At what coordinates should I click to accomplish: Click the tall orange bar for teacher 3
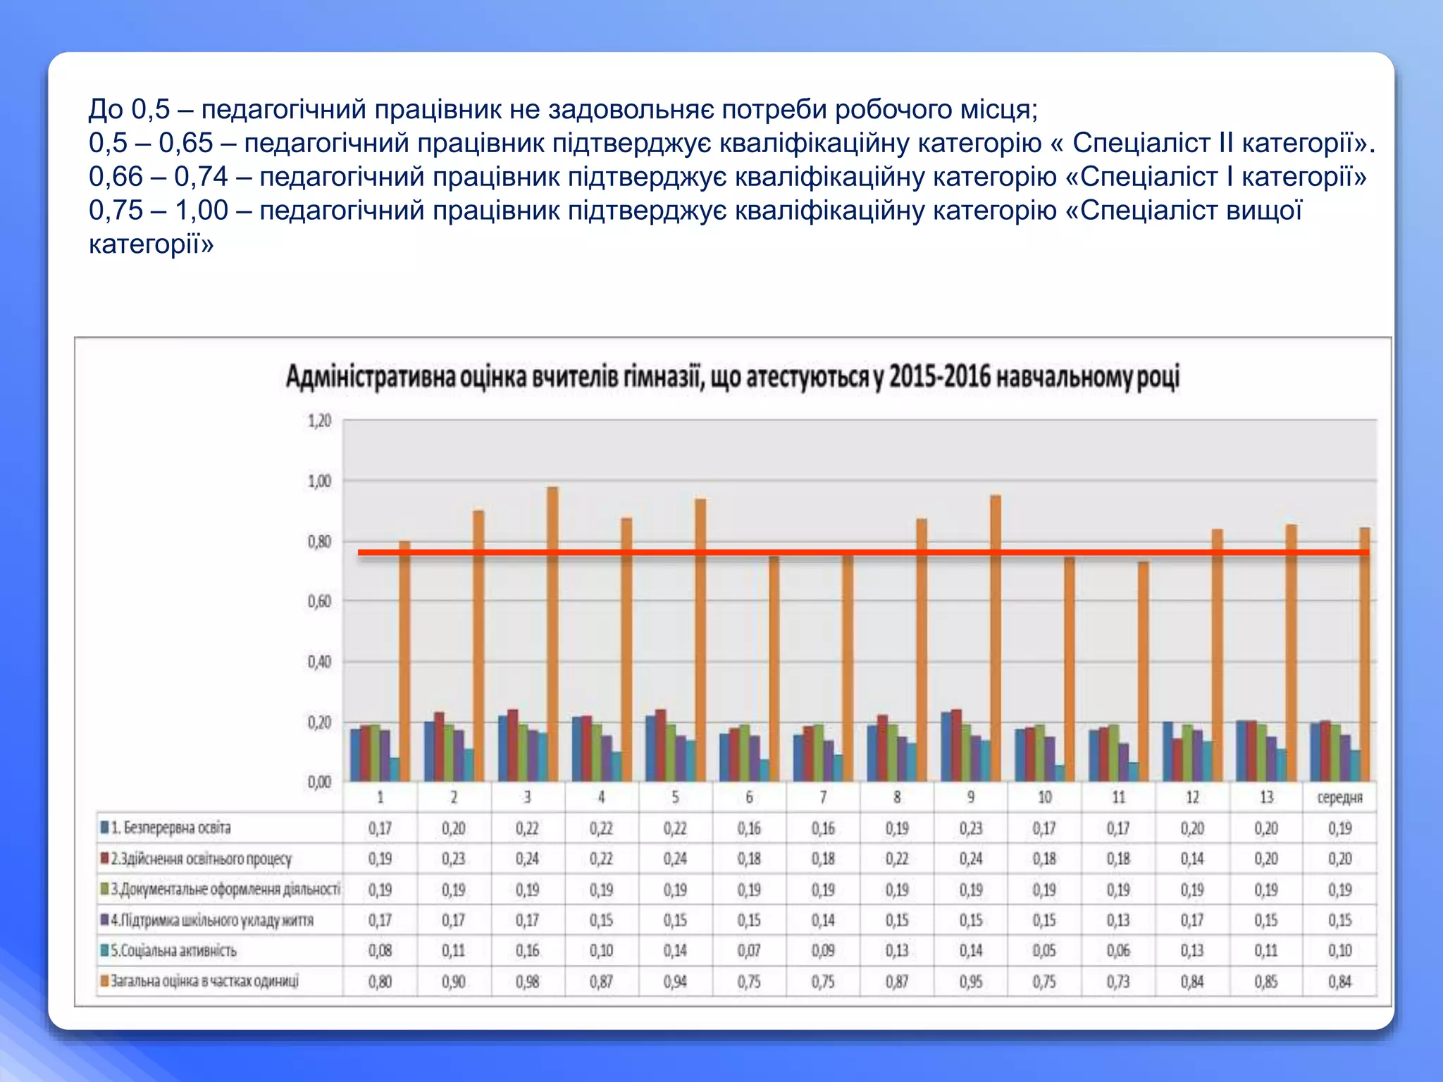point(552,634)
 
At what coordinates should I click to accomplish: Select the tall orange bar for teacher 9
point(996,638)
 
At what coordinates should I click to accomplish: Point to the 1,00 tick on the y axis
point(319,482)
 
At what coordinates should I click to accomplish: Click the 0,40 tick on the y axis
point(319,662)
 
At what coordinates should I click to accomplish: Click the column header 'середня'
point(1339,797)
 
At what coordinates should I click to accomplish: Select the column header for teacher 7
point(823,797)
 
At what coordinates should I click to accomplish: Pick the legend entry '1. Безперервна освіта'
point(170,828)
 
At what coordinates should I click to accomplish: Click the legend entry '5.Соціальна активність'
point(173,951)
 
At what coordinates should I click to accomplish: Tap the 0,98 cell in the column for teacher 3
point(527,981)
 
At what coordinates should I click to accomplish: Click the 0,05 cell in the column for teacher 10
point(1044,951)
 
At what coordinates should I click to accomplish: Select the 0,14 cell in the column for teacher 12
point(1192,859)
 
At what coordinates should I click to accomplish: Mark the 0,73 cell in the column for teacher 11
point(1118,981)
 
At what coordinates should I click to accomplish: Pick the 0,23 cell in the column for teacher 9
point(970,828)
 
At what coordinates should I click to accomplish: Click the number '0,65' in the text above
point(185,143)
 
